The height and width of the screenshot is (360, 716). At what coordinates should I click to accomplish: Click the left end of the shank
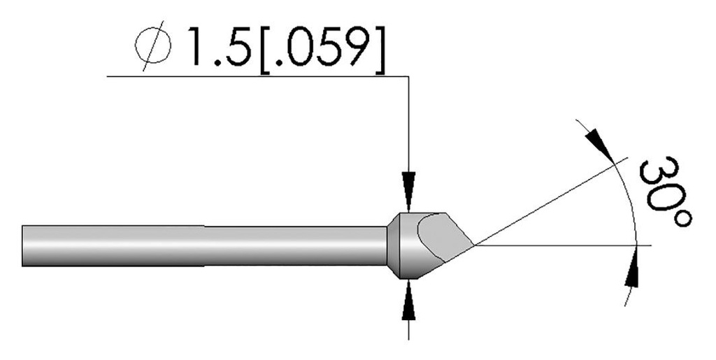24,245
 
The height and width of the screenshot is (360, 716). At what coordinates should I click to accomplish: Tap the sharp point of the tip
475,245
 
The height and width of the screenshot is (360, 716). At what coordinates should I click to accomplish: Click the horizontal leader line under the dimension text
252,75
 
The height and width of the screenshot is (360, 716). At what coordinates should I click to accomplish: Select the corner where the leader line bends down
408,75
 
